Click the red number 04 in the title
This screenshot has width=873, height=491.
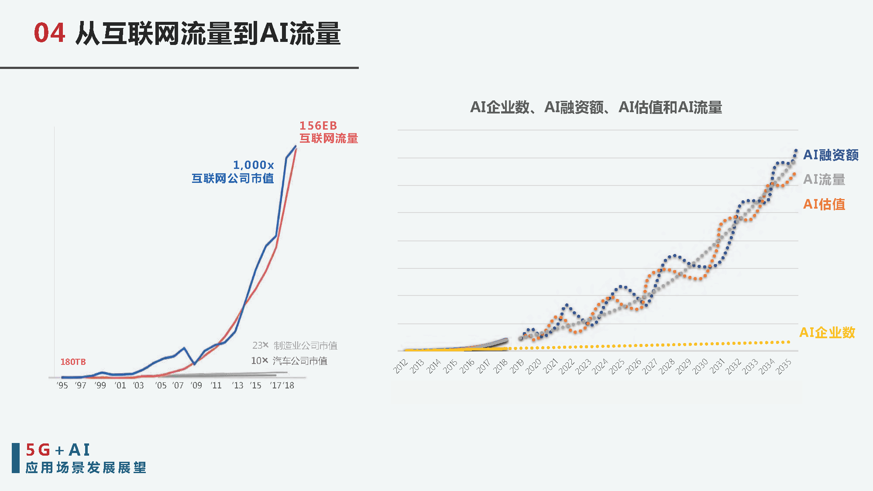pyautogui.click(x=50, y=33)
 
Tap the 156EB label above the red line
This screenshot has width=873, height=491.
pyautogui.click(x=318, y=126)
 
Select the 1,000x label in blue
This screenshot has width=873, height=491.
pyautogui.click(x=253, y=165)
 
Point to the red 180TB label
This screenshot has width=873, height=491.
pyautogui.click(x=73, y=362)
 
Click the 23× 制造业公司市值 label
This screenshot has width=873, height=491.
pyautogui.click(x=295, y=346)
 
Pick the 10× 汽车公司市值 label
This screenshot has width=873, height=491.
pyautogui.click(x=289, y=361)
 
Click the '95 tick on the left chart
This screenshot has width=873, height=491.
pyautogui.click(x=62, y=385)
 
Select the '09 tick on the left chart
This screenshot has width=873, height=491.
pyautogui.click(x=196, y=385)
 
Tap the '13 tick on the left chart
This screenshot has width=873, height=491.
pyautogui.click(x=238, y=385)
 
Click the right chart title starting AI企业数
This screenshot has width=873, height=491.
pyautogui.click(x=596, y=107)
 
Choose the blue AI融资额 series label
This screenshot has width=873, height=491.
pyautogui.click(x=831, y=155)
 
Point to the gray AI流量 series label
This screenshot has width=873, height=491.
pyautogui.click(x=824, y=179)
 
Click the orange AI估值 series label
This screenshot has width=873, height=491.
pyautogui.click(x=824, y=204)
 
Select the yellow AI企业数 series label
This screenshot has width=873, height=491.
pyautogui.click(x=827, y=333)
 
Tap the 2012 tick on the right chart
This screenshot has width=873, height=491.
pyautogui.click(x=401, y=366)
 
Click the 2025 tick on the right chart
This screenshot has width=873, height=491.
pyautogui.click(x=617, y=366)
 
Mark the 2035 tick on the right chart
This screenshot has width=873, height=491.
pyautogui.click(x=784, y=366)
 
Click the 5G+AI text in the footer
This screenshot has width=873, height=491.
pyautogui.click(x=58, y=450)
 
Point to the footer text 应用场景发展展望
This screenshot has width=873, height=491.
pyautogui.click(x=86, y=468)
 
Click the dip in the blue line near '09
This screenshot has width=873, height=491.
pyautogui.click(x=195, y=364)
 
